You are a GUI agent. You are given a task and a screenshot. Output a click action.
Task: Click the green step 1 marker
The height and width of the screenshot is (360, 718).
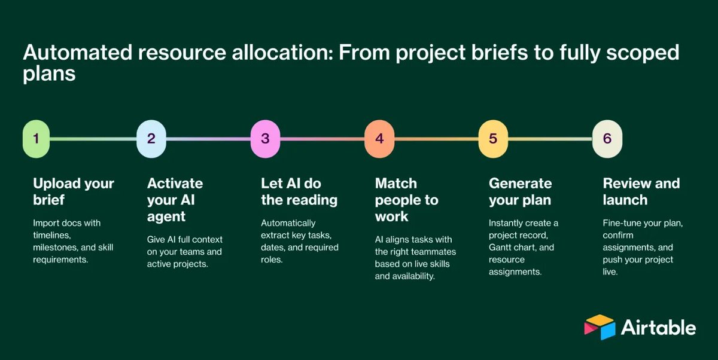[36, 139]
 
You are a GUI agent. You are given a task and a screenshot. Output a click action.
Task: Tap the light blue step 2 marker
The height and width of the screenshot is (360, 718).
[151, 139]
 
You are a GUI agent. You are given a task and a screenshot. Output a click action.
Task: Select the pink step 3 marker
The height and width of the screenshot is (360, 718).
[265, 139]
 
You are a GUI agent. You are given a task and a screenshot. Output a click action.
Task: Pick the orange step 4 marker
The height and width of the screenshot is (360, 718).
[379, 139]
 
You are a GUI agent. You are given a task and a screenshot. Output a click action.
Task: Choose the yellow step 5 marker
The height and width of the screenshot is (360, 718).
[493, 139]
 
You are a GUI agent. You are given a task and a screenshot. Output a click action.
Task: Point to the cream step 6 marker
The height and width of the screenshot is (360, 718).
[607, 139]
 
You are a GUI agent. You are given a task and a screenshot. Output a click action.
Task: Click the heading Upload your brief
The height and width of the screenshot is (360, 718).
[73, 191]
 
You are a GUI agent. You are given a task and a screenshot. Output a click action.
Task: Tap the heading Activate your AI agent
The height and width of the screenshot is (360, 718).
[175, 199]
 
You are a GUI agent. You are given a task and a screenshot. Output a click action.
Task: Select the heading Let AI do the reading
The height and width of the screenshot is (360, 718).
[299, 191]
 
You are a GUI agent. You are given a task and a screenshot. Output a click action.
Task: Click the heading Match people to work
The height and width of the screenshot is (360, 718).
[406, 199]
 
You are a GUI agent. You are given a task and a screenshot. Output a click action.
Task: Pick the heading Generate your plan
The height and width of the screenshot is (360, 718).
[520, 191]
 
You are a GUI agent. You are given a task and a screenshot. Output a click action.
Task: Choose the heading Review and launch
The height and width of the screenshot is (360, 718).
[641, 191]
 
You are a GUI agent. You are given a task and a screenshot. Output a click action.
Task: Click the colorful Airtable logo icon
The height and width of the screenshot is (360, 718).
[600, 327]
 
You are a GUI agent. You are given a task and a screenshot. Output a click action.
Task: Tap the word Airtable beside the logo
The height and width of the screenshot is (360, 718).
[658, 328]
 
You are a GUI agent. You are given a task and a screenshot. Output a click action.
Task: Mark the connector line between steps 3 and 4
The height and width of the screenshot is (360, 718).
[322, 139]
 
